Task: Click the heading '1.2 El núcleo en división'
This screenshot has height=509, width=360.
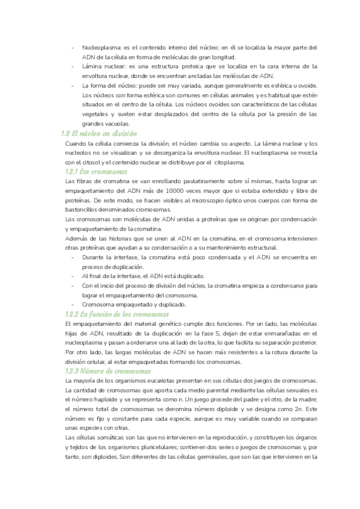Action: [100, 133]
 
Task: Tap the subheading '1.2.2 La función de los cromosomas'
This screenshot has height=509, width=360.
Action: [118, 315]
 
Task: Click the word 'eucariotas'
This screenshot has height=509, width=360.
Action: [159, 382]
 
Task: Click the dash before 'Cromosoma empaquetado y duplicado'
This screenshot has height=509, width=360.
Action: [73, 305]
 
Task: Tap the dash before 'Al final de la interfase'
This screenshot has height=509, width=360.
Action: [73, 276]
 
